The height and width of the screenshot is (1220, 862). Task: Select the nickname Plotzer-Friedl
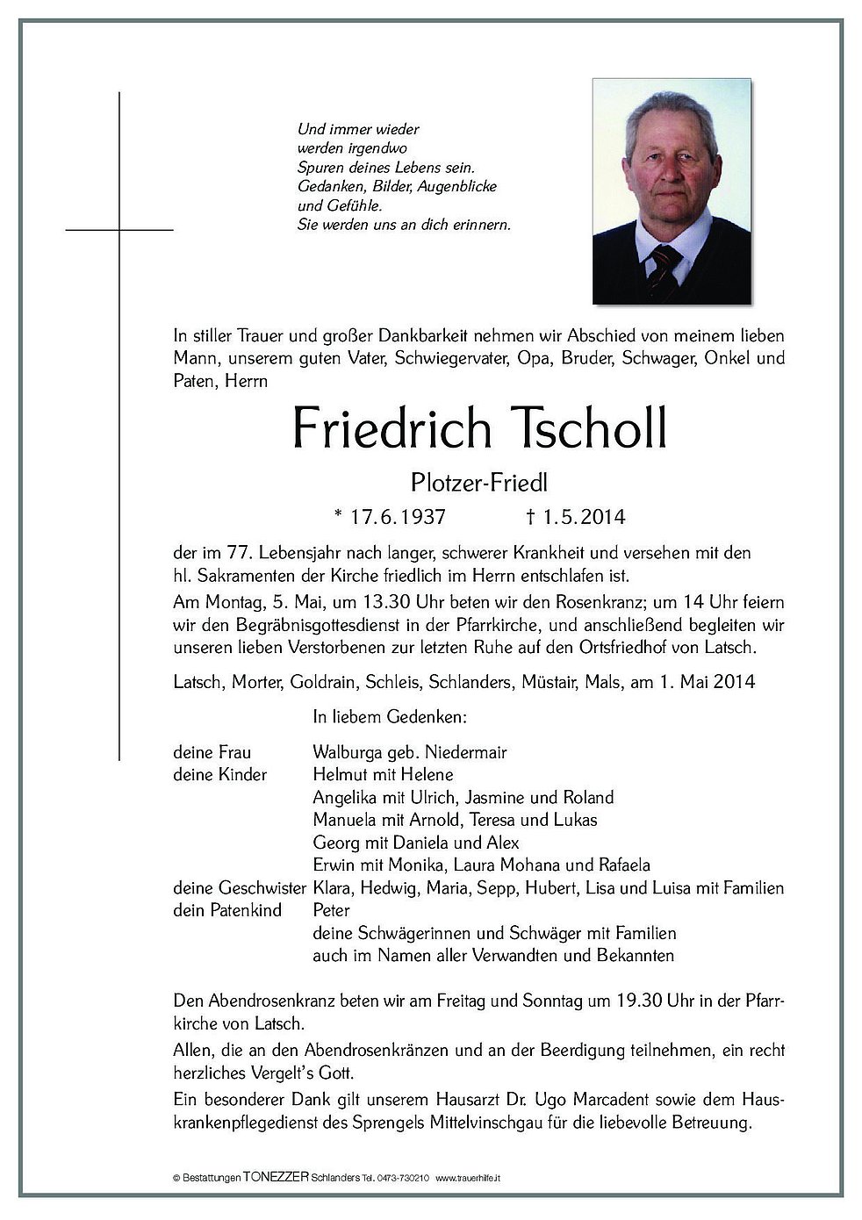[472, 482]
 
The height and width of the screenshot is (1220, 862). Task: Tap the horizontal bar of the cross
[119, 230]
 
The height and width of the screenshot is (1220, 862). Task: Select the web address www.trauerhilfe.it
[473, 1178]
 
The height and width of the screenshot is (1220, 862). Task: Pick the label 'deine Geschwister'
[239, 888]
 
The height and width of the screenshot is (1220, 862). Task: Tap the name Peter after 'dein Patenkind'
[331, 910]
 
